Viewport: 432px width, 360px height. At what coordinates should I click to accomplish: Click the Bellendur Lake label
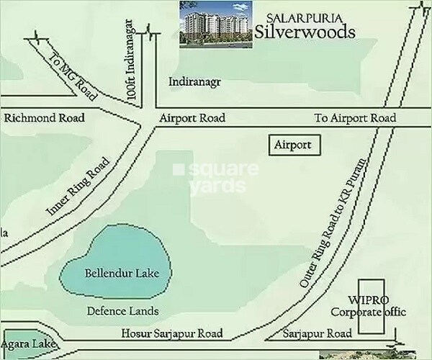click(121, 274)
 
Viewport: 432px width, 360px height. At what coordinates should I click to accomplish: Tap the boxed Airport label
click(293, 145)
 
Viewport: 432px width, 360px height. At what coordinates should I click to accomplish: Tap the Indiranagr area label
click(192, 83)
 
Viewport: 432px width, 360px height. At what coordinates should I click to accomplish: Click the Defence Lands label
click(122, 312)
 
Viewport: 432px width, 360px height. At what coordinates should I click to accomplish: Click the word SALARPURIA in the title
click(291, 17)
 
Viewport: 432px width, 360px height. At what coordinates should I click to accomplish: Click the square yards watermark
click(214, 177)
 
